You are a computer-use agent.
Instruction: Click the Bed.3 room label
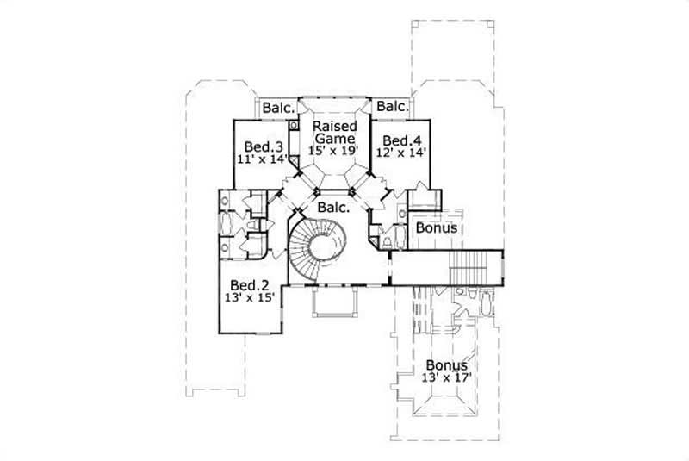[x=258, y=146]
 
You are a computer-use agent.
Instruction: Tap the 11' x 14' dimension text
[x=261, y=159]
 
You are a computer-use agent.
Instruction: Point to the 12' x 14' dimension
[x=400, y=153]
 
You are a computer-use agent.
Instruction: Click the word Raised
[x=335, y=126]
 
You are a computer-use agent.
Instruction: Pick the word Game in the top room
[x=335, y=138]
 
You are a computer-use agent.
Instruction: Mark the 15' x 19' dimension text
[x=335, y=150]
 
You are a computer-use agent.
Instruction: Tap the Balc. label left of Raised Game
[x=278, y=108]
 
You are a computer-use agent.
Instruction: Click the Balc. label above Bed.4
[x=392, y=107]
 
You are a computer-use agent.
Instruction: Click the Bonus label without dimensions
[x=436, y=228]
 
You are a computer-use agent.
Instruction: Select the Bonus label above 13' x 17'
[x=447, y=365]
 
